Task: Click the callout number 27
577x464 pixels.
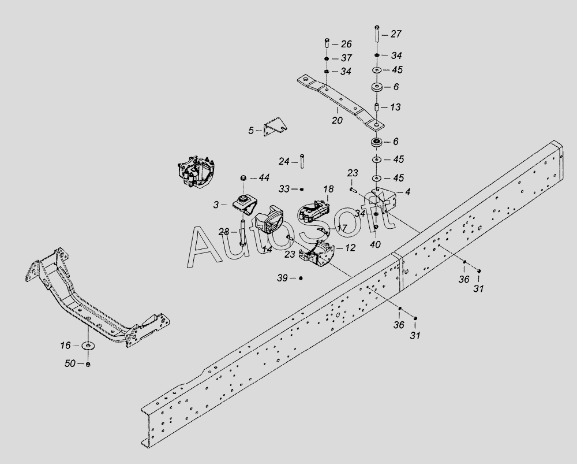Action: [x=396, y=34]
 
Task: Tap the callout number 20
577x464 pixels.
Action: [x=337, y=120]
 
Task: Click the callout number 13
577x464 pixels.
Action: [x=395, y=107]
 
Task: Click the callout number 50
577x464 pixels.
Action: [x=70, y=364]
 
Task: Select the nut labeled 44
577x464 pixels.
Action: [x=243, y=179]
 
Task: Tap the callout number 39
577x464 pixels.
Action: [x=282, y=278]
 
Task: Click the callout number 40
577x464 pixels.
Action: [x=375, y=244]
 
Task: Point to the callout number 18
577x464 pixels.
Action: [x=329, y=189]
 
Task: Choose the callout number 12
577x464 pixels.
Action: [x=350, y=248]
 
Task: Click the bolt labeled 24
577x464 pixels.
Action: [x=302, y=161]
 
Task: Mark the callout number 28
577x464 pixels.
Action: [x=224, y=232]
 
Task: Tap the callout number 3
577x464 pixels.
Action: [x=216, y=205]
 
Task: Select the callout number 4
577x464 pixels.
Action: [x=408, y=192]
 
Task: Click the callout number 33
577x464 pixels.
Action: [x=284, y=189]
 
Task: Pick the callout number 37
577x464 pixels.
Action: [x=347, y=58]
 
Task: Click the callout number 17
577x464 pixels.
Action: [x=342, y=228]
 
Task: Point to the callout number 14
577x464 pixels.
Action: [x=267, y=250]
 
